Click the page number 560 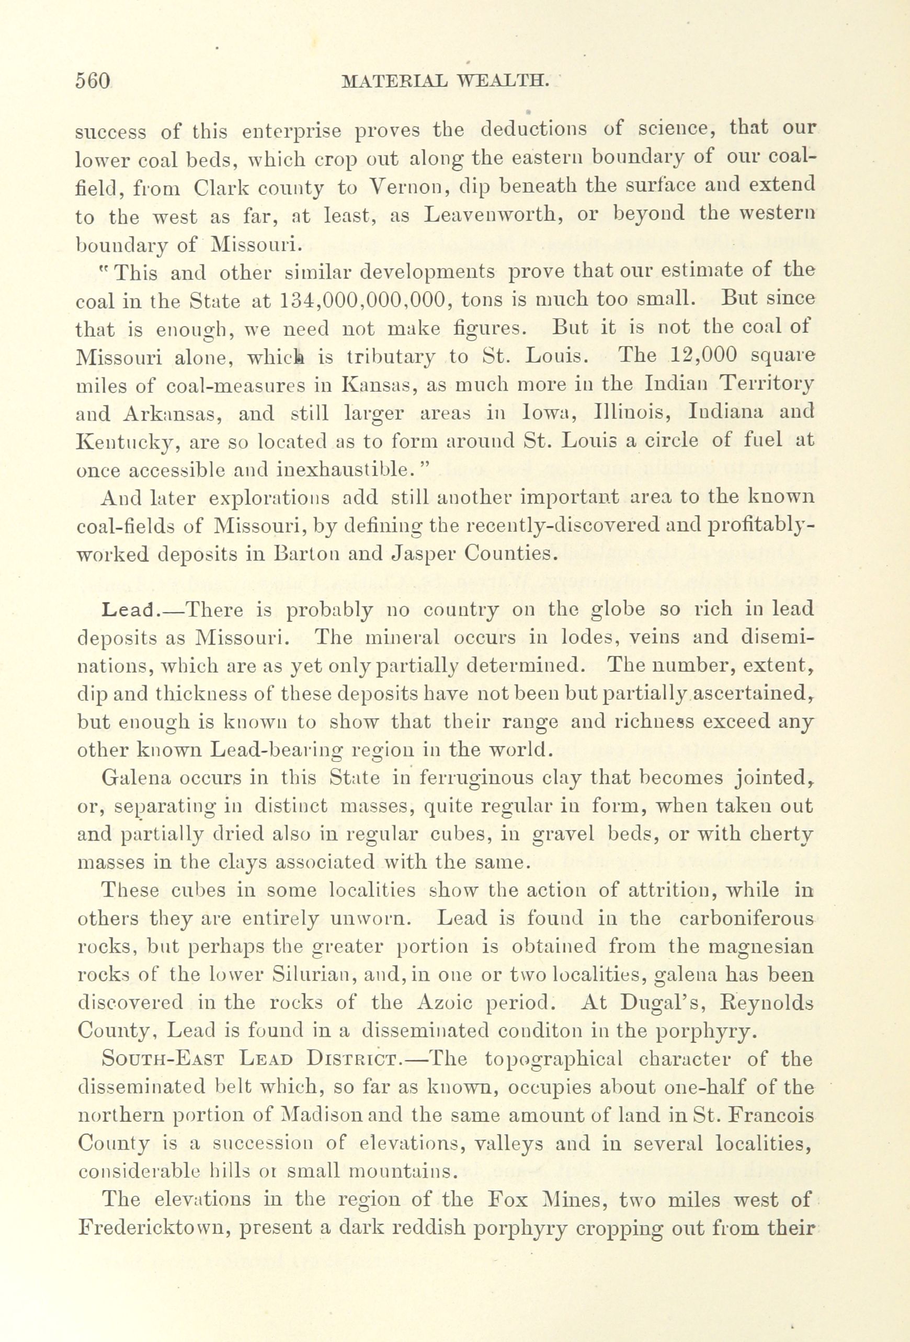(x=93, y=80)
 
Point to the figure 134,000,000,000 (x=362, y=299)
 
